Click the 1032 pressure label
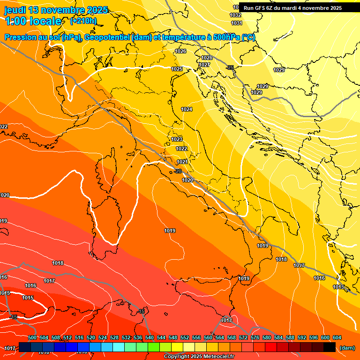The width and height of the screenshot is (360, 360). pos(236,15)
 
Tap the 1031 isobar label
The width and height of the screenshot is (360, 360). pos(237,23)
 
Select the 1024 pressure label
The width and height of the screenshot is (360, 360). pos(187,109)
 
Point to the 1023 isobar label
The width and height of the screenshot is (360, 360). pos(177,139)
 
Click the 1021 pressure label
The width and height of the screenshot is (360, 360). pos(182,162)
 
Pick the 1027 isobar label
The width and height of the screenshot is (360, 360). pos(204,65)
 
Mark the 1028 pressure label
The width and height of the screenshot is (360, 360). pos(207,58)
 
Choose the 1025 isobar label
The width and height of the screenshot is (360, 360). pos(177,69)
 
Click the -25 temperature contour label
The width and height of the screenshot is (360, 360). pos(230,67)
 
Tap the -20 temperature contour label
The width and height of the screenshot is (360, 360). pos(178,171)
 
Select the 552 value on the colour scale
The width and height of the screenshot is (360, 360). pos(185,337)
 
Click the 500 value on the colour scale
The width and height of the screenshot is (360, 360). pos(32,337)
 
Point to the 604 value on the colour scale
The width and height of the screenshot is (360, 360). pos(337,337)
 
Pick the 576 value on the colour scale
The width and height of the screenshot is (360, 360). pos(255,337)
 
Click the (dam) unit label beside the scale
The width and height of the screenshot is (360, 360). pos(347,348)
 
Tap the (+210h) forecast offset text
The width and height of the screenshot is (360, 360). pos(83,21)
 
